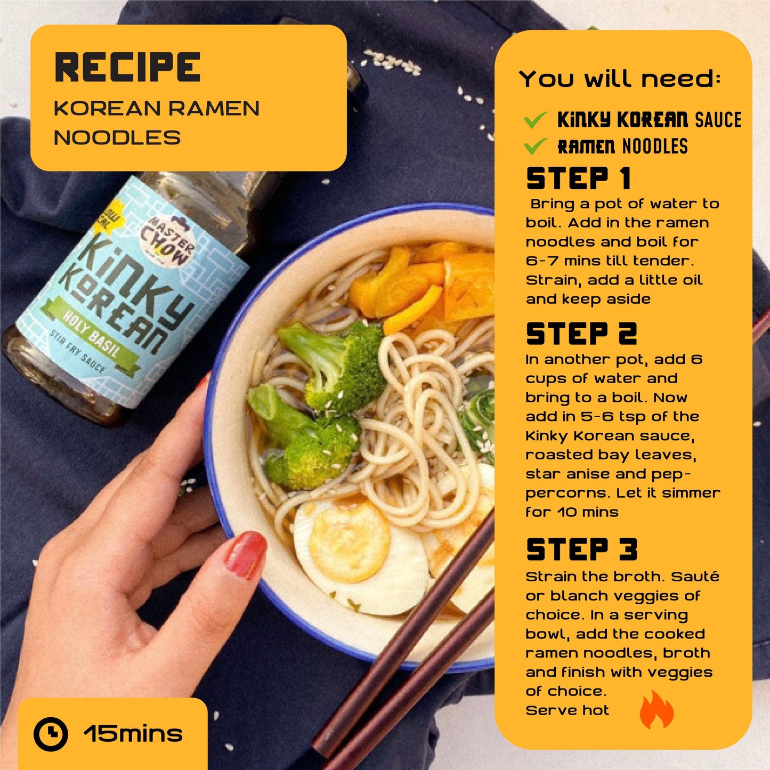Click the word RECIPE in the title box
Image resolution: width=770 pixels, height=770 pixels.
click(x=127, y=68)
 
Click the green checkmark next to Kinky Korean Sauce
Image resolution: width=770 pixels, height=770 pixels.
click(x=535, y=120)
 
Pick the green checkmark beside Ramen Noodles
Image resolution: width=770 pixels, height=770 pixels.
click(x=535, y=146)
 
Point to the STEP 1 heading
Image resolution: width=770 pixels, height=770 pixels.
click(x=579, y=179)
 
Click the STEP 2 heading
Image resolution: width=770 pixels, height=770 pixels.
click(x=581, y=334)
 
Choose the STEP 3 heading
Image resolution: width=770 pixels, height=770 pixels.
click(x=581, y=549)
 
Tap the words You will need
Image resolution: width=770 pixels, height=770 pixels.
click(x=620, y=78)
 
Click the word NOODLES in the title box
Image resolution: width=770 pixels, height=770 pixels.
click(x=117, y=137)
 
